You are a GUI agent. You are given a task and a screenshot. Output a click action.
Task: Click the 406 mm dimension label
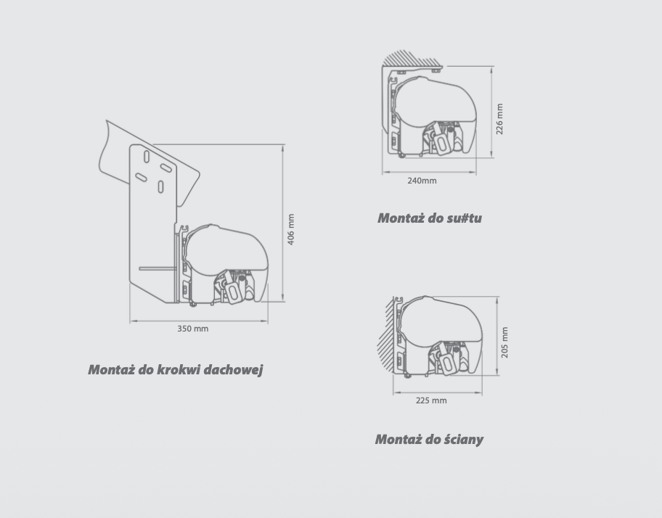[x=291, y=229]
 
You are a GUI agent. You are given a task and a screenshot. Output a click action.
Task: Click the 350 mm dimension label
[x=192, y=329]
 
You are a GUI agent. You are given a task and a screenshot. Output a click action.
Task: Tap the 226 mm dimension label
[x=499, y=119]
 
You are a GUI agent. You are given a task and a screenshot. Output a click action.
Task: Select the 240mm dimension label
[x=422, y=181]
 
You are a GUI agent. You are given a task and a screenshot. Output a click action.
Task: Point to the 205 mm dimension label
[x=504, y=342]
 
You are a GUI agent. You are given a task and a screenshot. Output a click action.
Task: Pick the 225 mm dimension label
[x=431, y=400]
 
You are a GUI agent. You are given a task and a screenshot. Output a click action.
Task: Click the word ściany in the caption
[x=464, y=440]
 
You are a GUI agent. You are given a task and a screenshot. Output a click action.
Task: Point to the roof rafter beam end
[x=149, y=163]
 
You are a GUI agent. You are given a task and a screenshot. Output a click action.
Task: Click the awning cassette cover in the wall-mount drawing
[x=441, y=321]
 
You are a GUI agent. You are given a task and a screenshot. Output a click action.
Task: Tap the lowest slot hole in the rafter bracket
[x=161, y=187]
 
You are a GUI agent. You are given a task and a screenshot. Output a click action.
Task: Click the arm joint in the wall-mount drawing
[x=446, y=361]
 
